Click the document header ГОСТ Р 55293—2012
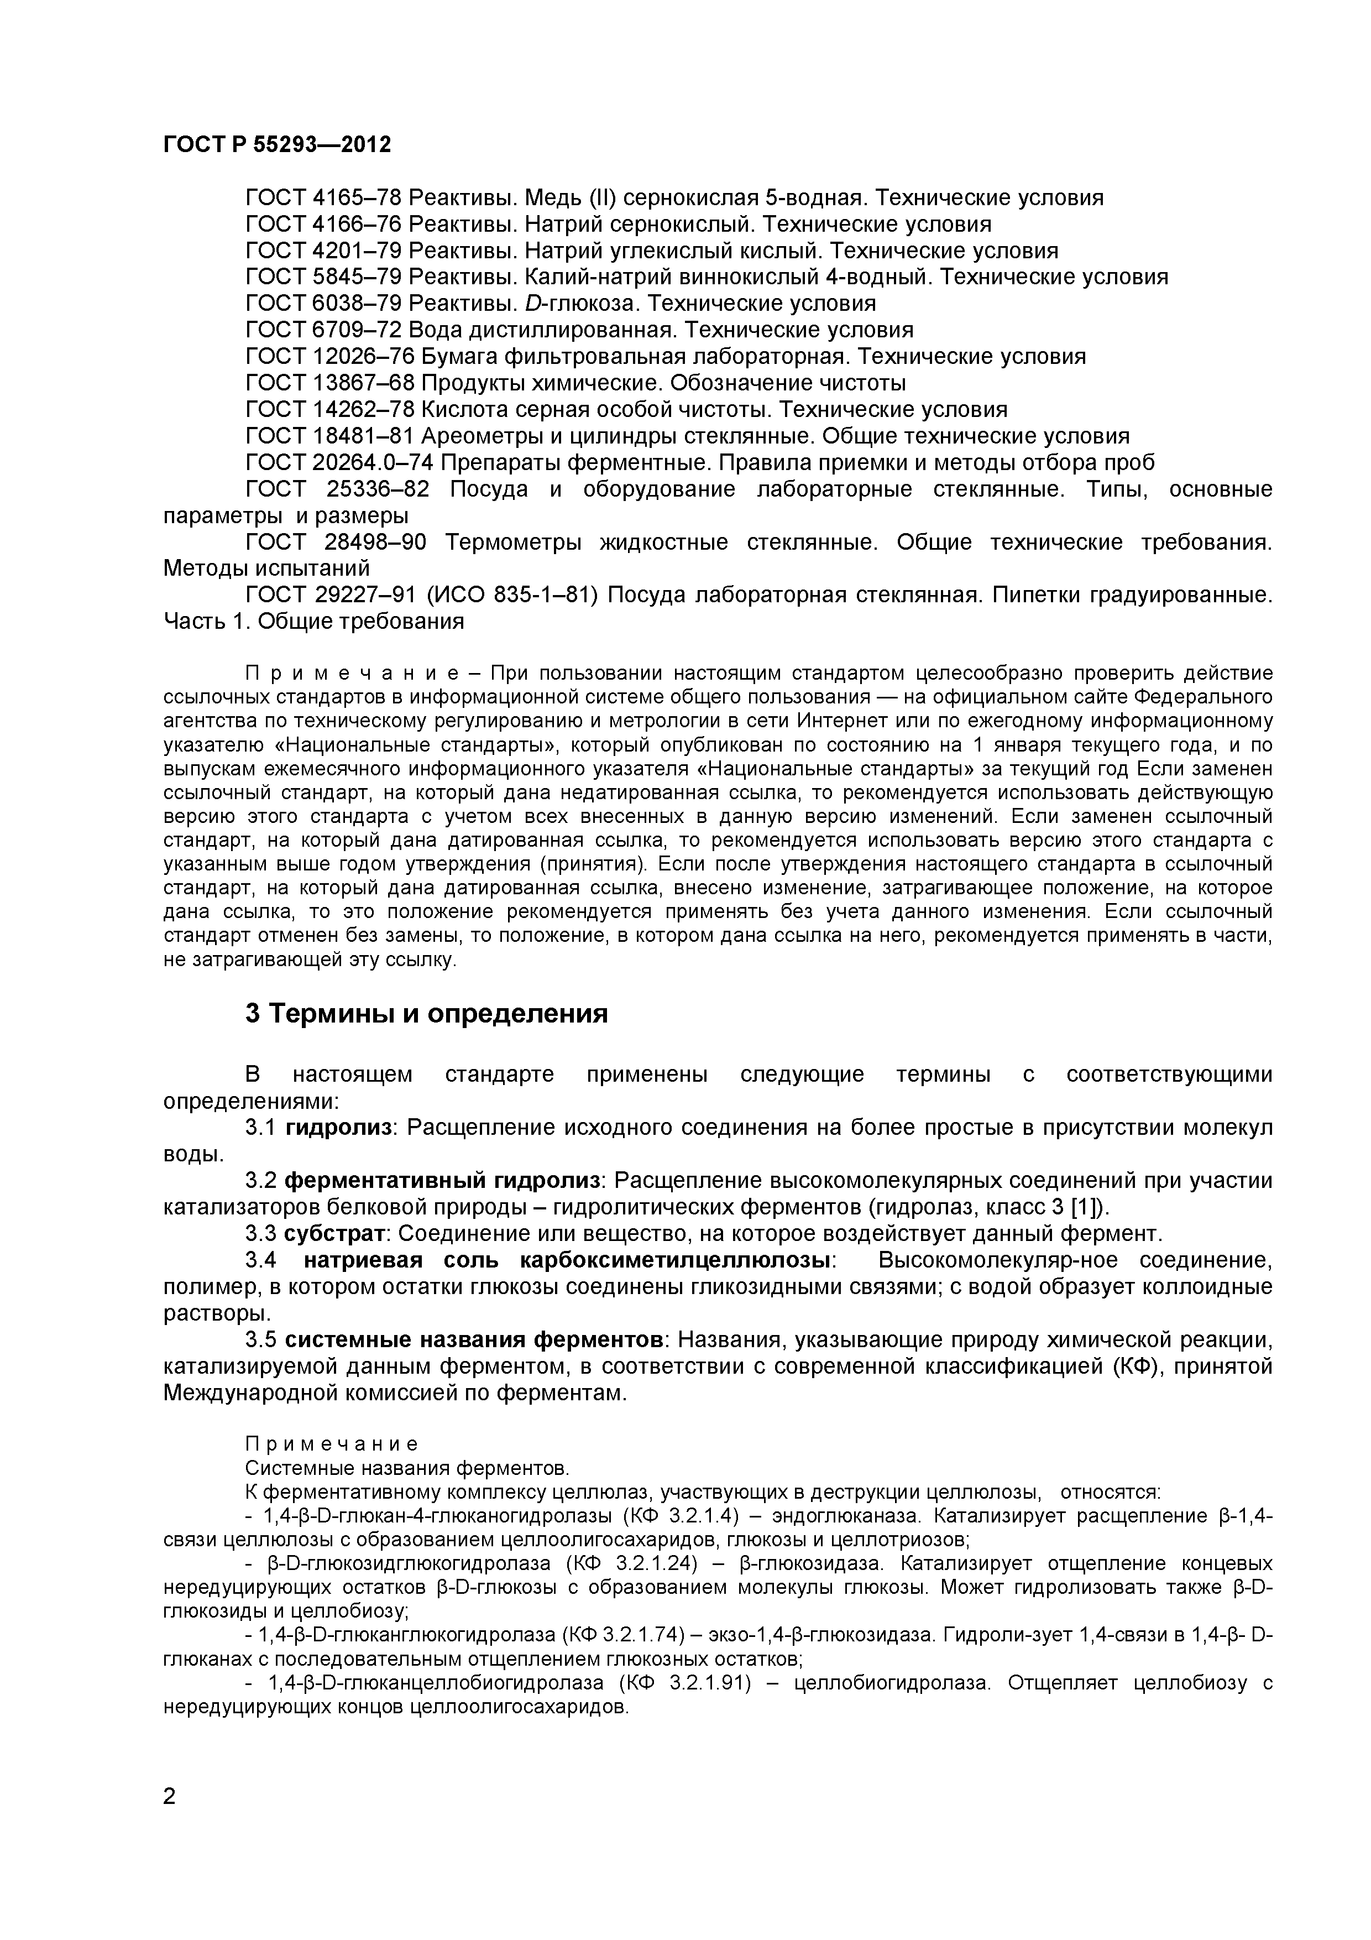tap(277, 144)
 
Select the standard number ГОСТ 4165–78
tap(323, 198)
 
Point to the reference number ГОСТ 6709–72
tap(323, 330)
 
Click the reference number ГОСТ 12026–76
tap(329, 357)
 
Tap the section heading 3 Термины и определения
tap(427, 1013)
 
